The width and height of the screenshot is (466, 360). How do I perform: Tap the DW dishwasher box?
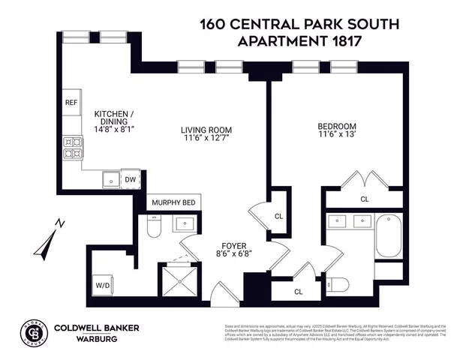[131, 179]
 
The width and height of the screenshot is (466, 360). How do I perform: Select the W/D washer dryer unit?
[101, 284]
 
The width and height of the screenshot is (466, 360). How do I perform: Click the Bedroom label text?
[337, 126]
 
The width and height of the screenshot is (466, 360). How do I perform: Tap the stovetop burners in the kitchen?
[72, 148]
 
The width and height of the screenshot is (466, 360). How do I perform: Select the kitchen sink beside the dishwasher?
[111, 179]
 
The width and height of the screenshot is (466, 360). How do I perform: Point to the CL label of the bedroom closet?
[365, 199]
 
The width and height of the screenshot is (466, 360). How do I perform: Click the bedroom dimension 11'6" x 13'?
[337, 136]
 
